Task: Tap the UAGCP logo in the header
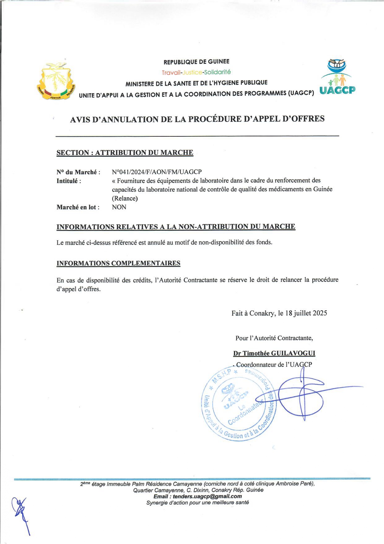click(337, 77)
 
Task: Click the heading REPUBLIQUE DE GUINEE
click(196, 62)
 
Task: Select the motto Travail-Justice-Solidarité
click(196, 72)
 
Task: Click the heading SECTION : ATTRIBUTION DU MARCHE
click(125, 153)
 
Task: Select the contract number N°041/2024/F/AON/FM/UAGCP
click(157, 172)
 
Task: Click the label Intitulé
click(68, 181)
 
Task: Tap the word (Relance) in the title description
click(125, 198)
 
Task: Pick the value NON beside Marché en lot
click(119, 207)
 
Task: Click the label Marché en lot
click(78, 207)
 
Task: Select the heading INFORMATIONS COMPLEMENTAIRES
click(118, 263)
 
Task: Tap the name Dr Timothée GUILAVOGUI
click(274, 353)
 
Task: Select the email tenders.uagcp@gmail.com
click(207, 496)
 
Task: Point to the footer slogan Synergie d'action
click(197, 502)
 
